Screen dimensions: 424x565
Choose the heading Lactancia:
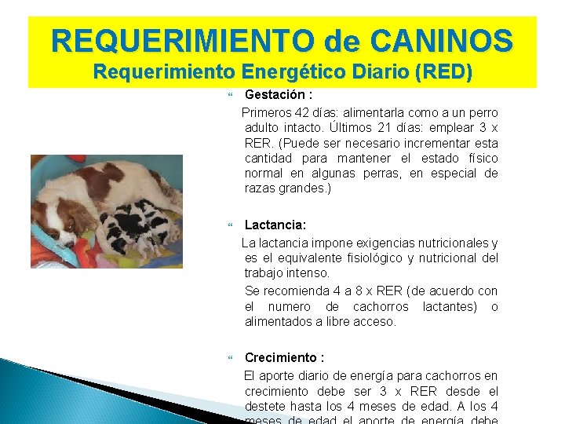(275, 225)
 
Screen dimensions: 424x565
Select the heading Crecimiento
(282, 357)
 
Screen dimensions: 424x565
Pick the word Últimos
(372, 128)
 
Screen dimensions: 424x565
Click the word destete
(265, 406)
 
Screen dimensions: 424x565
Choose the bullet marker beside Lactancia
(230, 225)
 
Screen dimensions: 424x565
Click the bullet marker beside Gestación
(230, 95)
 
